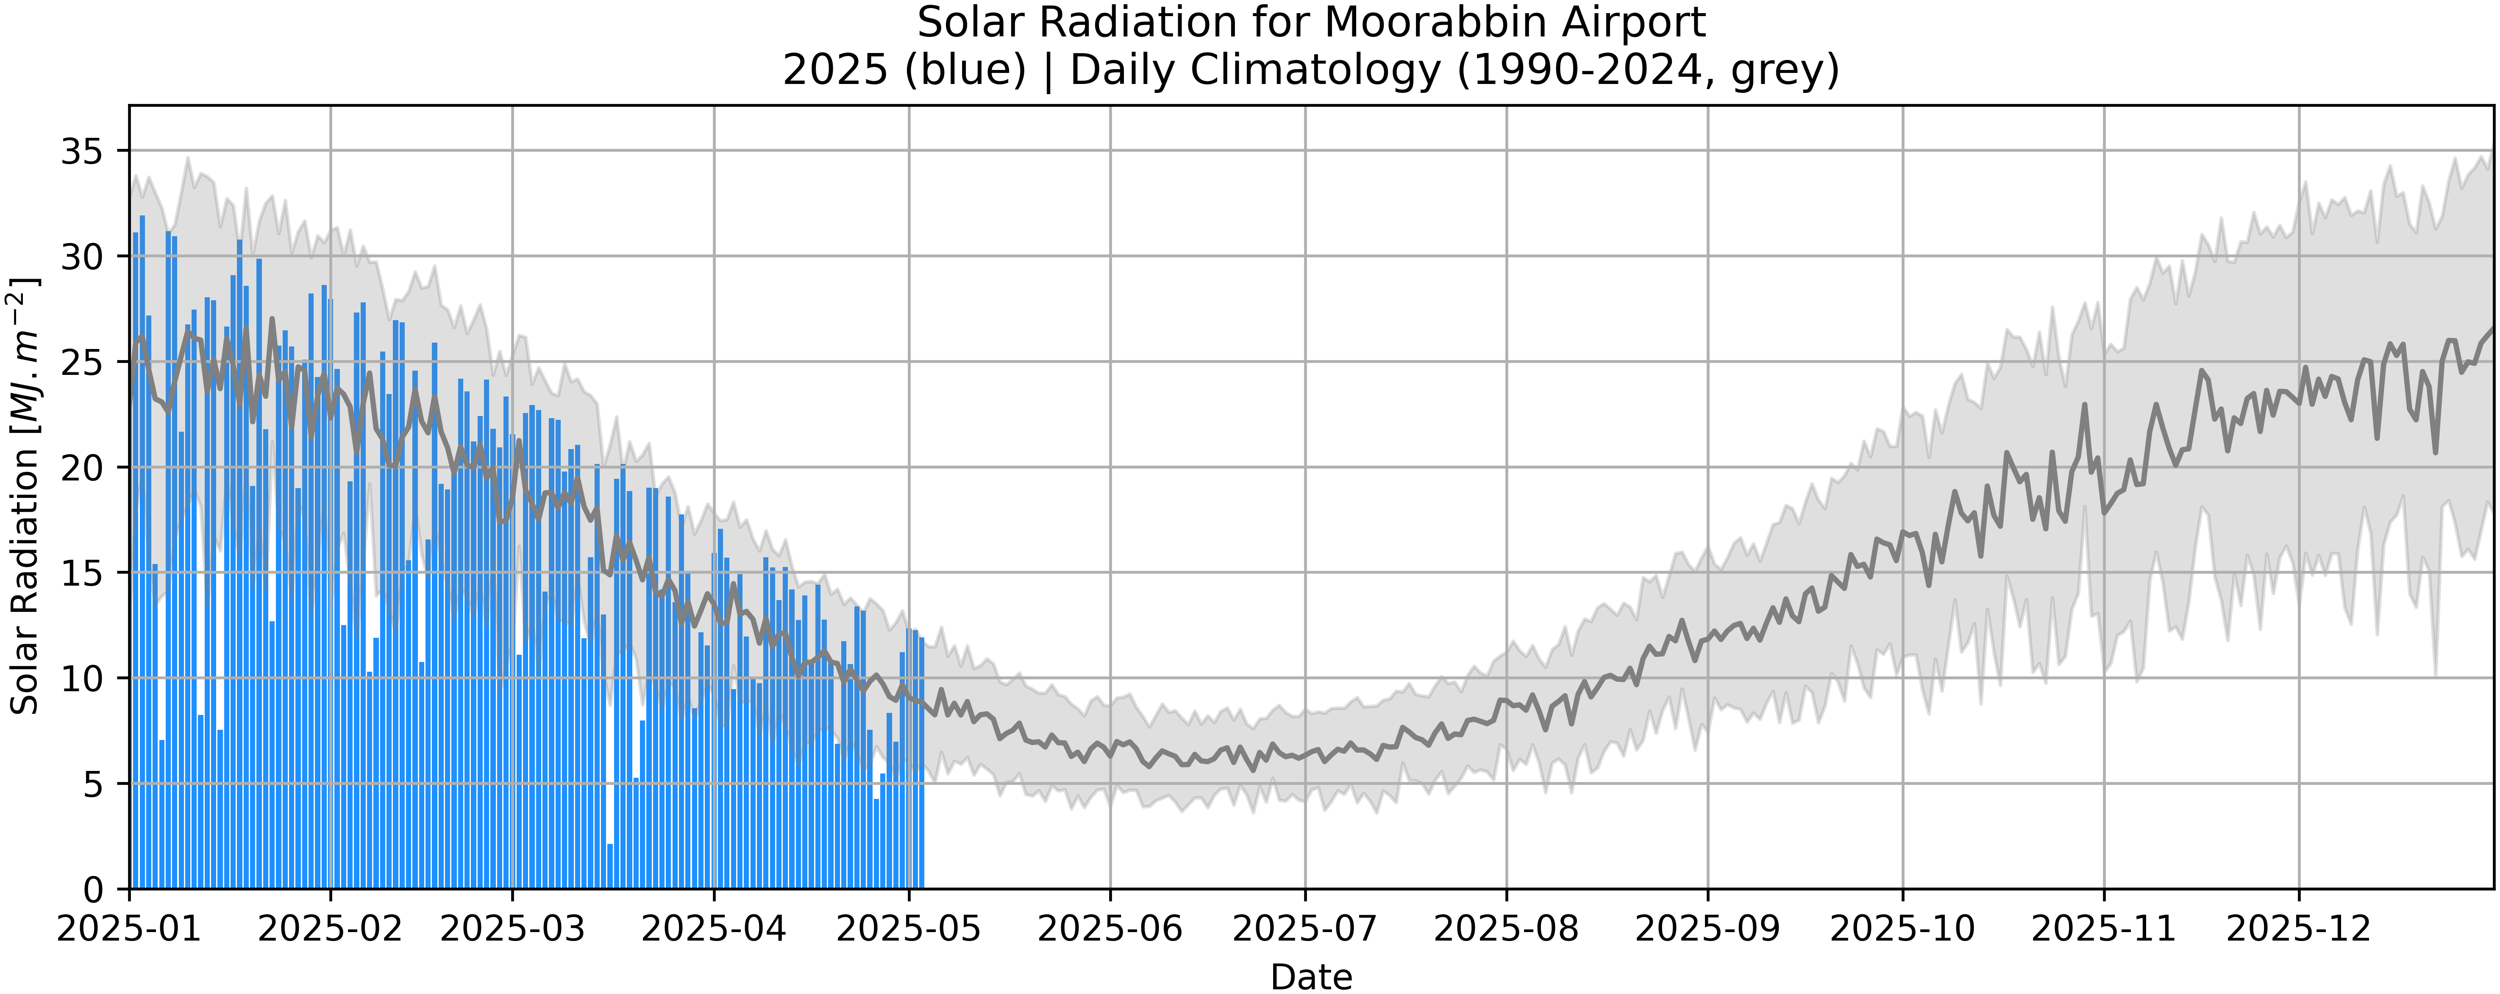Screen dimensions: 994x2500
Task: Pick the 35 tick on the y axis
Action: pos(81,151)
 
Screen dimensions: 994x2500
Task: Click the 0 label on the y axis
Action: pos(93,889)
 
